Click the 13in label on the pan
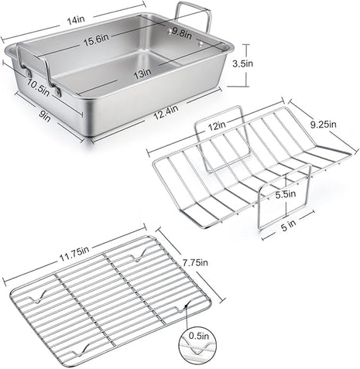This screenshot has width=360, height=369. (142, 73)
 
